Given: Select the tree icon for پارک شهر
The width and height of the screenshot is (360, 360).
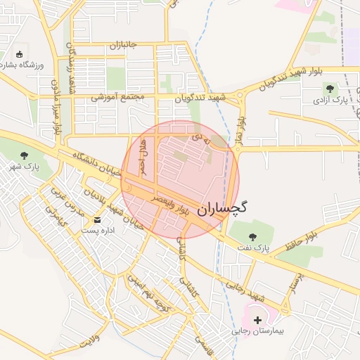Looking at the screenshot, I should [25, 155].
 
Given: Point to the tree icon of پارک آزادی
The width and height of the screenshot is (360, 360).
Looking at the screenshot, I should [330, 89].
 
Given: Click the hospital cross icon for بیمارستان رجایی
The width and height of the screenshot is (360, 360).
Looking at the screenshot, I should [257, 320].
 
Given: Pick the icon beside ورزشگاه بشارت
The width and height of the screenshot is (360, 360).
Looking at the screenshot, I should [19, 54].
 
